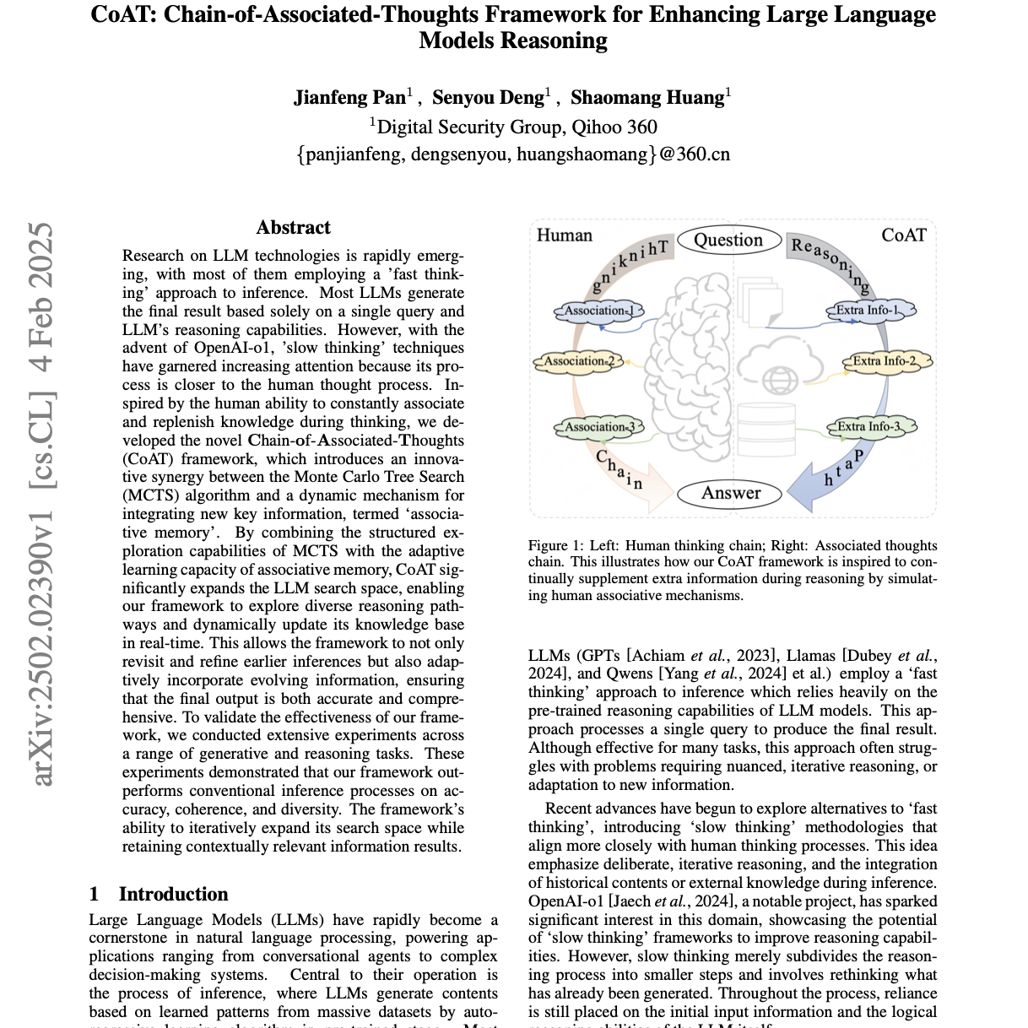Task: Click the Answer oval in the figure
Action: (x=731, y=493)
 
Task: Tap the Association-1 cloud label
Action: (x=598, y=311)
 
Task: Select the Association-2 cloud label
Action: (x=578, y=361)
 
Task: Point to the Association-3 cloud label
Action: (x=598, y=427)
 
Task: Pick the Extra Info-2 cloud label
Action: (x=887, y=361)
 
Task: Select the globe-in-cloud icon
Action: (x=778, y=370)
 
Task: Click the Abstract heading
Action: (x=293, y=228)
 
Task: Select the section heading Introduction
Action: (x=173, y=895)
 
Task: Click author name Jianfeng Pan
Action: (x=349, y=98)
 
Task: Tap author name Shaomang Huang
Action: (x=647, y=98)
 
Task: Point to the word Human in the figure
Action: (x=565, y=235)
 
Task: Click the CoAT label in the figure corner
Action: (x=903, y=235)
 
